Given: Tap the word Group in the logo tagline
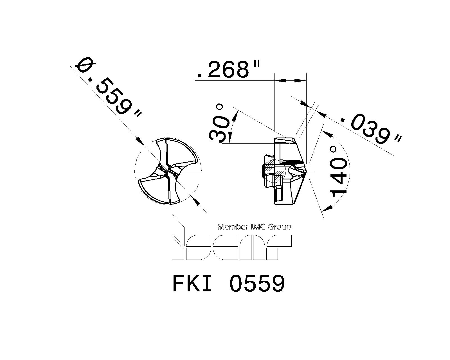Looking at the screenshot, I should coord(280,227).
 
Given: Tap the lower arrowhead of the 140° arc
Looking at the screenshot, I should coord(326,208).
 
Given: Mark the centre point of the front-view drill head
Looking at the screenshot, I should coord(168,171).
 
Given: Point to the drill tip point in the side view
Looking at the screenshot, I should coord(307,171).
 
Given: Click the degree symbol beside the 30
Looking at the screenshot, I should coord(220,107).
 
